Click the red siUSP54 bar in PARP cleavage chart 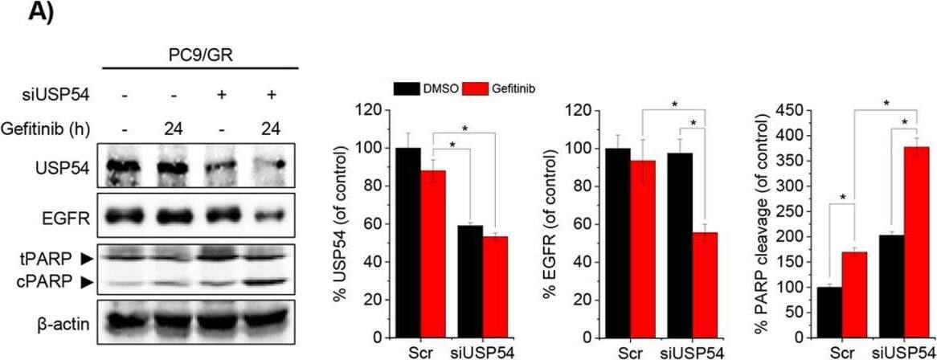(x=898, y=242)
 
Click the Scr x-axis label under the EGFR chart (x=630, y=352)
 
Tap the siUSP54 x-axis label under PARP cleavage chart (x=898, y=352)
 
